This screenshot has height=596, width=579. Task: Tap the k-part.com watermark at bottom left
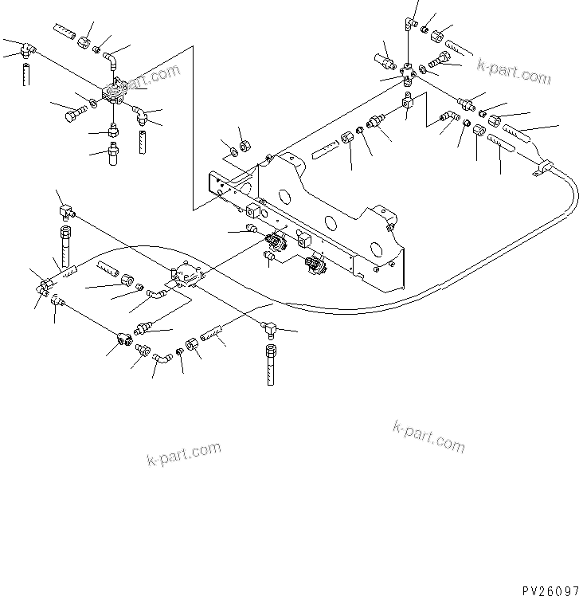point(184,453)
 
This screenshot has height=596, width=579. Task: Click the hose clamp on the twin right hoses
point(541,169)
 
